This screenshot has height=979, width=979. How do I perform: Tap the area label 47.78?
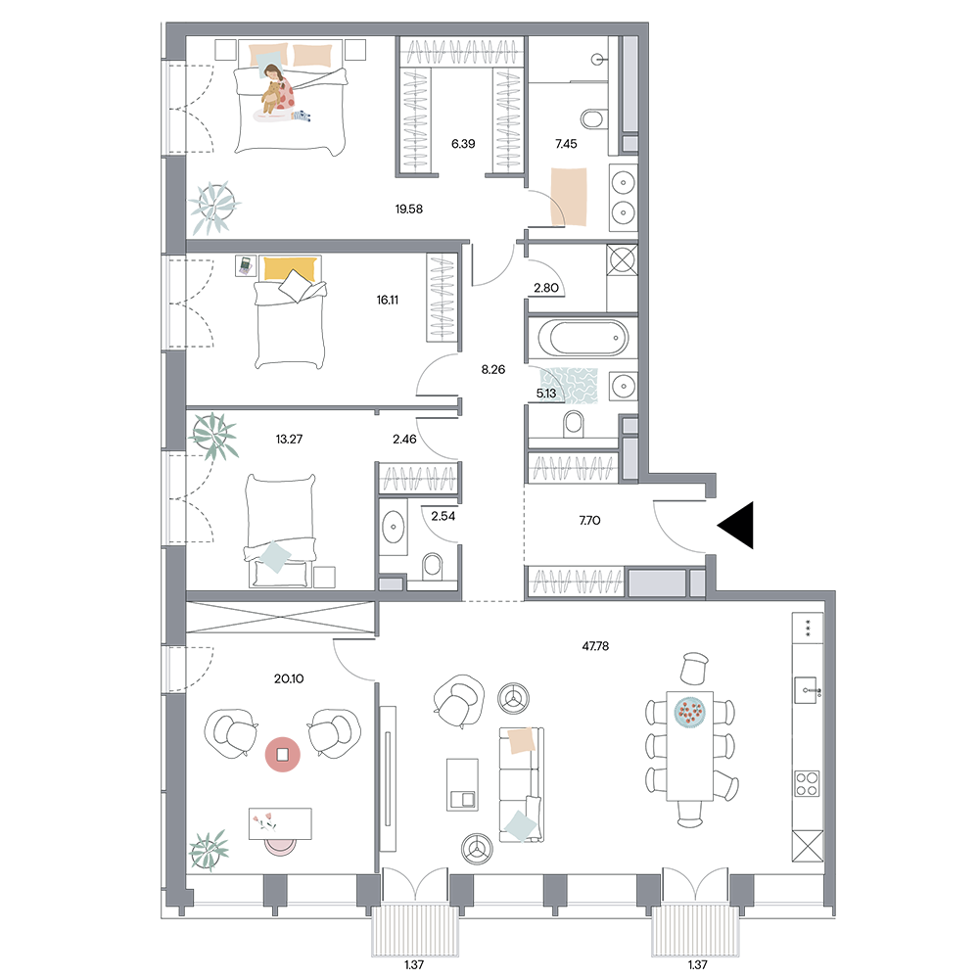click(595, 646)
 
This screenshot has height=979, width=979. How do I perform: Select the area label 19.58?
click(409, 210)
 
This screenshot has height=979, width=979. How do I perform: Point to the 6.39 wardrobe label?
click(463, 144)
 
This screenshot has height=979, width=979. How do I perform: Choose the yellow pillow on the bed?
click(289, 269)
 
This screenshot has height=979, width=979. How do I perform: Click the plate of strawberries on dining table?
click(690, 712)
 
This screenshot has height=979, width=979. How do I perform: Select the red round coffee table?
click(283, 755)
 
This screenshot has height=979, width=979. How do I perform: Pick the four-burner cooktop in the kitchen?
click(808, 783)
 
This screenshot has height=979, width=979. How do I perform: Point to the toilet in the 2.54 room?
click(432, 566)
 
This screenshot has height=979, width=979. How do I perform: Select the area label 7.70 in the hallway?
click(590, 520)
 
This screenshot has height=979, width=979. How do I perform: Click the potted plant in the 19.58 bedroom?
click(214, 205)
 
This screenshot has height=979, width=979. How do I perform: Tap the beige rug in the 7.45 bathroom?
click(569, 197)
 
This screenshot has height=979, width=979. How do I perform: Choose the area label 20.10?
click(289, 678)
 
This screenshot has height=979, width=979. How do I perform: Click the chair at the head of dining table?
click(694, 668)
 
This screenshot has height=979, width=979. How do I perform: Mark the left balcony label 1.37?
click(414, 964)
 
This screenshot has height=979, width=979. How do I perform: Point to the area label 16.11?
click(387, 300)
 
